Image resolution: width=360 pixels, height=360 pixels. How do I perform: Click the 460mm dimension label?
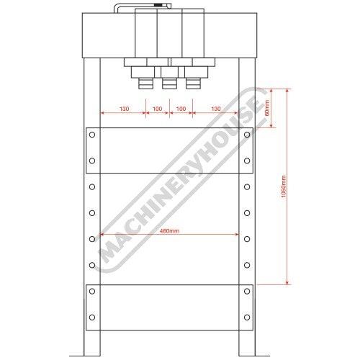pyautogui.click(x=169, y=231)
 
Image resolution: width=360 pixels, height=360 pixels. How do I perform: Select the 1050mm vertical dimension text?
pyautogui.click(x=284, y=186)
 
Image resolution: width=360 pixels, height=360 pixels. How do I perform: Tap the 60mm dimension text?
pyautogui.click(x=267, y=107)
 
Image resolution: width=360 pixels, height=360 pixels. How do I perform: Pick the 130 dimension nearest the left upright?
pyautogui.click(x=124, y=109)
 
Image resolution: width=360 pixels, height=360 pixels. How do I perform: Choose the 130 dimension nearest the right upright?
pyautogui.click(x=216, y=109)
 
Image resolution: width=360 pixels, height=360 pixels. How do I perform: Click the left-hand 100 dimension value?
pyautogui.click(x=158, y=109)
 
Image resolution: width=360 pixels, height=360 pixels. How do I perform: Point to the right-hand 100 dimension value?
pyautogui.click(x=181, y=109)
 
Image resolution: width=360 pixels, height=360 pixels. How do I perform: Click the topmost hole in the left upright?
pyautogui.click(x=92, y=135)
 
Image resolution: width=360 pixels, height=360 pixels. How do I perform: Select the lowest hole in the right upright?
pyautogui.click(x=247, y=318)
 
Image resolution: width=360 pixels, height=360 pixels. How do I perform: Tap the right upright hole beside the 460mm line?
pyautogui.click(x=247, y=239)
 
